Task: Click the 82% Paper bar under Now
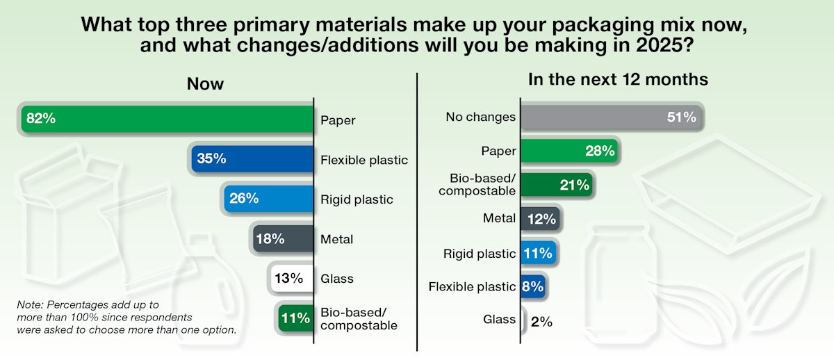coord(167,119)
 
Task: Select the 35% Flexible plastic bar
coord(253,158)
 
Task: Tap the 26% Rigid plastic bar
coord(268,198)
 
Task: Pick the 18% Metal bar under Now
coord(284,238)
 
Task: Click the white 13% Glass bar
coord(291,278)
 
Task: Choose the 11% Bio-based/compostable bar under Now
coord(295,318)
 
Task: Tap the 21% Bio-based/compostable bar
coord(557,185)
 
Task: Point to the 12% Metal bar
coord(539,219)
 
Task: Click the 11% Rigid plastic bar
coord(537,253)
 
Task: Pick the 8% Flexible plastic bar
coord(532,286)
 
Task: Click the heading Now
coord(205,84)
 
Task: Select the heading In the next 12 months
coord(618,79)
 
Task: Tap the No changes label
coord(480,117)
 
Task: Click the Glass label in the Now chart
coord(336,279)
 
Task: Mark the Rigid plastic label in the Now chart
coord(357,199)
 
